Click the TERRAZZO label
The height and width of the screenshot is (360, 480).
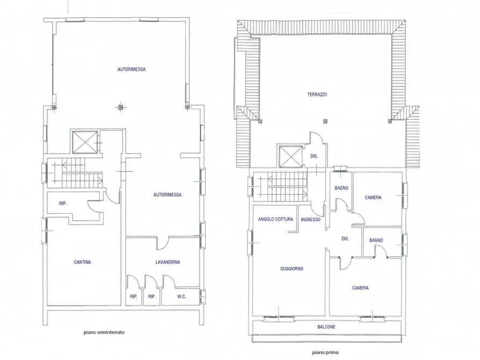coord(318,94)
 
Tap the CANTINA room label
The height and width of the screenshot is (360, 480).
coord(82,262)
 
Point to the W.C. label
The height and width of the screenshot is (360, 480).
coord(181,296)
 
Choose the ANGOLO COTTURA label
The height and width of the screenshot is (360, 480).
coord(275,219)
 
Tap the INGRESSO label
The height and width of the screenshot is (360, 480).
coord(311,219)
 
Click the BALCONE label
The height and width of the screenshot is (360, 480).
coord(326,327)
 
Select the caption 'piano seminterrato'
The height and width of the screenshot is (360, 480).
coord(104,333)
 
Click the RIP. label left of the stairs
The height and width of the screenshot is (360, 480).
coord(63,203)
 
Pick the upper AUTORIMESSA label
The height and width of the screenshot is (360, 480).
coord(132,69)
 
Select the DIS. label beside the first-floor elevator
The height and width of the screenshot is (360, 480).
coord(314,156)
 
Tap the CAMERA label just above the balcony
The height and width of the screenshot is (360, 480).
coord(360,288)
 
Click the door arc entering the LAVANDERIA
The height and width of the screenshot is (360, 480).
coord(162,244)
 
